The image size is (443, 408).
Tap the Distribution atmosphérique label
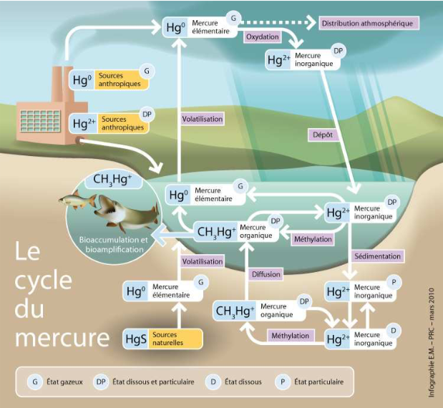(368, 23)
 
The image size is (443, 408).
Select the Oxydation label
(262, 36)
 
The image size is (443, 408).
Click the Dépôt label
(323, 134)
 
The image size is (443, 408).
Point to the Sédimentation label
(378, 256)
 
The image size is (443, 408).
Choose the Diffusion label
(266, 273)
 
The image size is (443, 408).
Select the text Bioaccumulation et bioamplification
(112, 245)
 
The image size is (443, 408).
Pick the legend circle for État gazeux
(35, 382)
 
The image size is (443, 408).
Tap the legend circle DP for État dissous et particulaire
(102, 382)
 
